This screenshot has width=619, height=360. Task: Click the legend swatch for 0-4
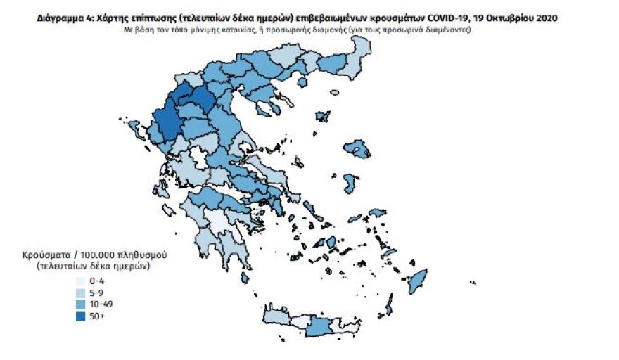[82, 280]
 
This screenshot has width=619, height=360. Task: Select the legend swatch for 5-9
[82, 292]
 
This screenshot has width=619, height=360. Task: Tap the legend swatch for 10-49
[82, 304]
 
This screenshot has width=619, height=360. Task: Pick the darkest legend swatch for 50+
[82, 316]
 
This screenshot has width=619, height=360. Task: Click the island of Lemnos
[324, 116]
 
